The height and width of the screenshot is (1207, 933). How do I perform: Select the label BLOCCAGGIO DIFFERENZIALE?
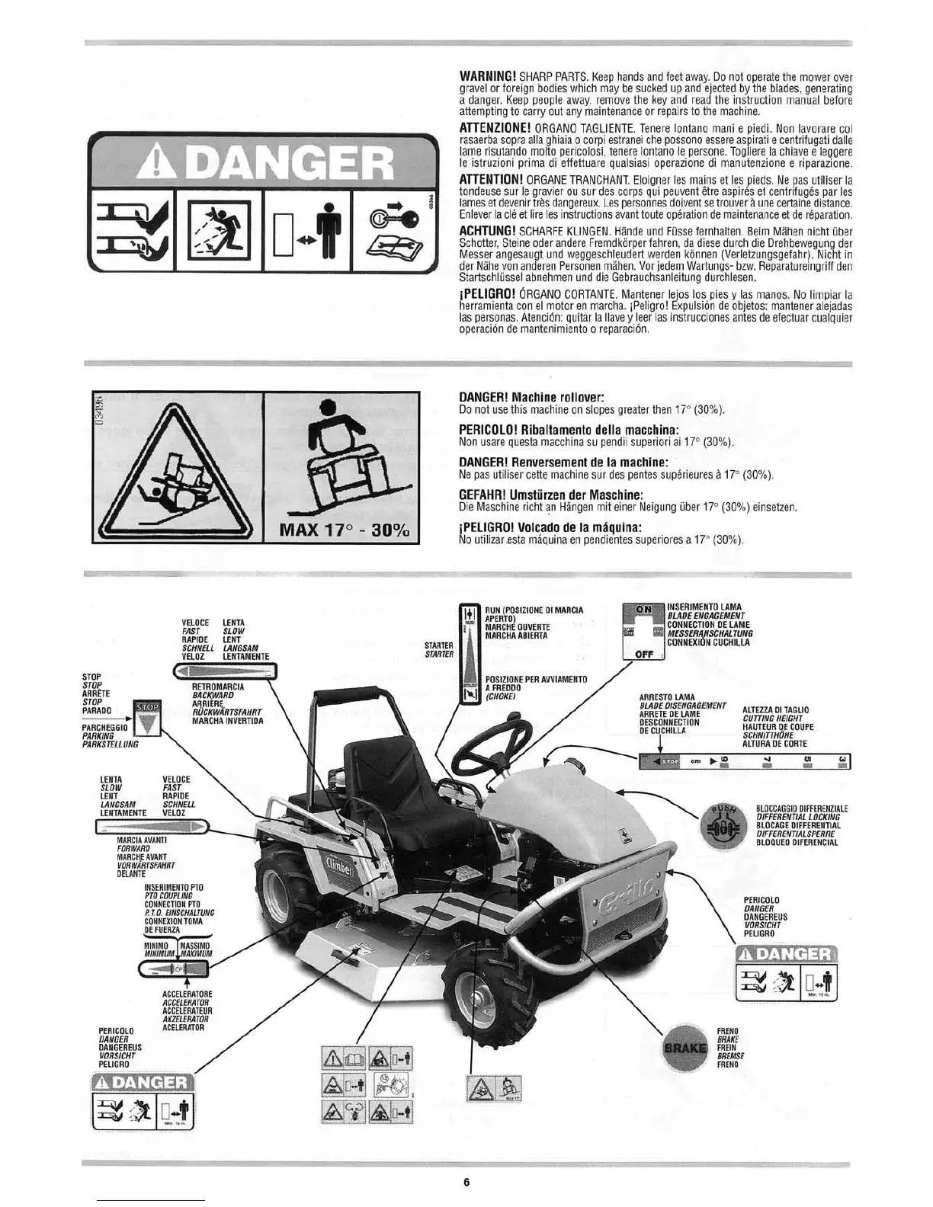point(791,808)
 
